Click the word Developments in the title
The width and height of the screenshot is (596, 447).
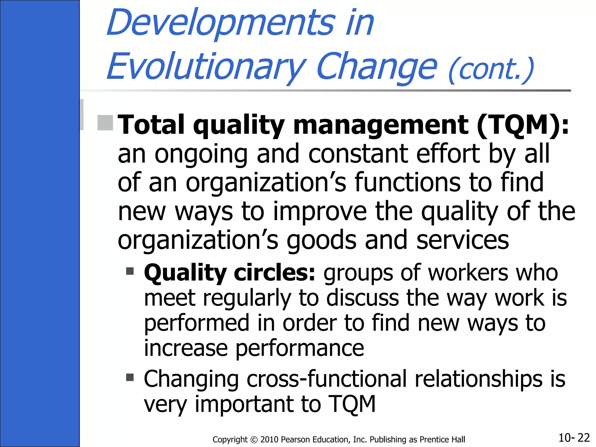point(221,23)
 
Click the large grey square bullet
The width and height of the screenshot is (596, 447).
point(105,123)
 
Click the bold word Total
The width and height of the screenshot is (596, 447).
point(151,125)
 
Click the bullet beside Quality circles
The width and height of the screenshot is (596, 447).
point(130,271)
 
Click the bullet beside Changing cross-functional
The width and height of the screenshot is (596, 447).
point(130,377)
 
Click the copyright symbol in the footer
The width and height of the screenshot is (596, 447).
point(254,439)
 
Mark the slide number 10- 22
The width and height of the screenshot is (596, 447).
point(574,438)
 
